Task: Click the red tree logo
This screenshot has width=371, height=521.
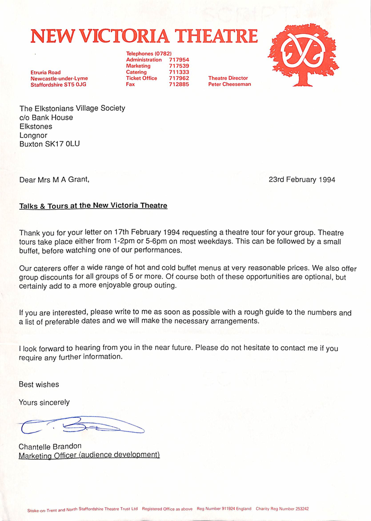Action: [x=303, y=54]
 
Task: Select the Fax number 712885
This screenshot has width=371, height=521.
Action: [x=179, y=84]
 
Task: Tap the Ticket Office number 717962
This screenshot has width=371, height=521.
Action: [x=179, y=78]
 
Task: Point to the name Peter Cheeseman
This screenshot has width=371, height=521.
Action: [x=229, y=84]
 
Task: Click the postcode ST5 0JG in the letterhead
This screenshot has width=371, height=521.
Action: [x=74, y=84]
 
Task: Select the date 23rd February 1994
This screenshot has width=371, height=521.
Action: [x=302, y=179]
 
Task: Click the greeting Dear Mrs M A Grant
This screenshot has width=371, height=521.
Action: [x=54, y=179]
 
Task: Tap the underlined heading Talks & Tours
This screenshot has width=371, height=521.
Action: [x=93, y=205]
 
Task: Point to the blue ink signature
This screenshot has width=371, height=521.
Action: [x=79, y=425]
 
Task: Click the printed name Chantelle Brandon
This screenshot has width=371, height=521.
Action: [x=50, y=446]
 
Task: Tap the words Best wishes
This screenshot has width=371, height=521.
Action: [x=39, y=384]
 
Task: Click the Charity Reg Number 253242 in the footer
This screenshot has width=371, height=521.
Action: [x=282, y=509]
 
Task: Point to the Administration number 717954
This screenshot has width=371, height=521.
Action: [x=179, y=60]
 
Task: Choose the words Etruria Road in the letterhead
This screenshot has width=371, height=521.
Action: [x=46, y=72]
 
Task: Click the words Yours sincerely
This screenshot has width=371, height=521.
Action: [x=44, y=402]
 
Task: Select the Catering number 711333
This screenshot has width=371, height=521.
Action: [x=179, y=72]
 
